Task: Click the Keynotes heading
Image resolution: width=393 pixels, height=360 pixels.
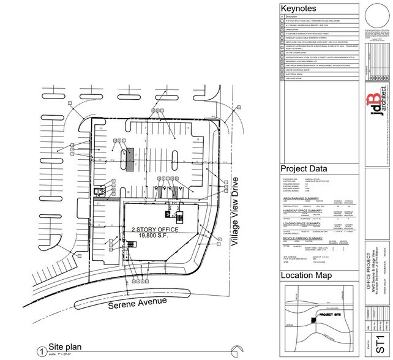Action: tap(298, 9)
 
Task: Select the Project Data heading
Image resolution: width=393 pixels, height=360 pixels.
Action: tap(304, 168)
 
